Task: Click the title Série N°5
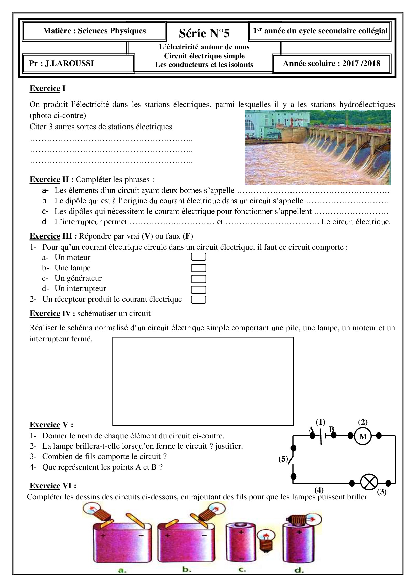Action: (204, 33)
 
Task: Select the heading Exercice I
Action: (48, 88)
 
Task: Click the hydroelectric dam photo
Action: (317, 148)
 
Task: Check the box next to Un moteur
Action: (198, 257)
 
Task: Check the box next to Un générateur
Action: (198, 279)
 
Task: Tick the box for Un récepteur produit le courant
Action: (198, 300)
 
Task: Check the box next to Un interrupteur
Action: (198, 289)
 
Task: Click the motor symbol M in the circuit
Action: (363, 436)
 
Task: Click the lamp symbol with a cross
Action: (369, 483)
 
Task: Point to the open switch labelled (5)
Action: (292, 461)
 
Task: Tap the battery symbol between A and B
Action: (322, 436)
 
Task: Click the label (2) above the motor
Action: (363, 422)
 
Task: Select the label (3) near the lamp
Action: (382, 492)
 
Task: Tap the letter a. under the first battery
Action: (122, 570)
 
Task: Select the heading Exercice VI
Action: (53, 486)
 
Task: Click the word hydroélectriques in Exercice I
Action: (367, 104)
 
